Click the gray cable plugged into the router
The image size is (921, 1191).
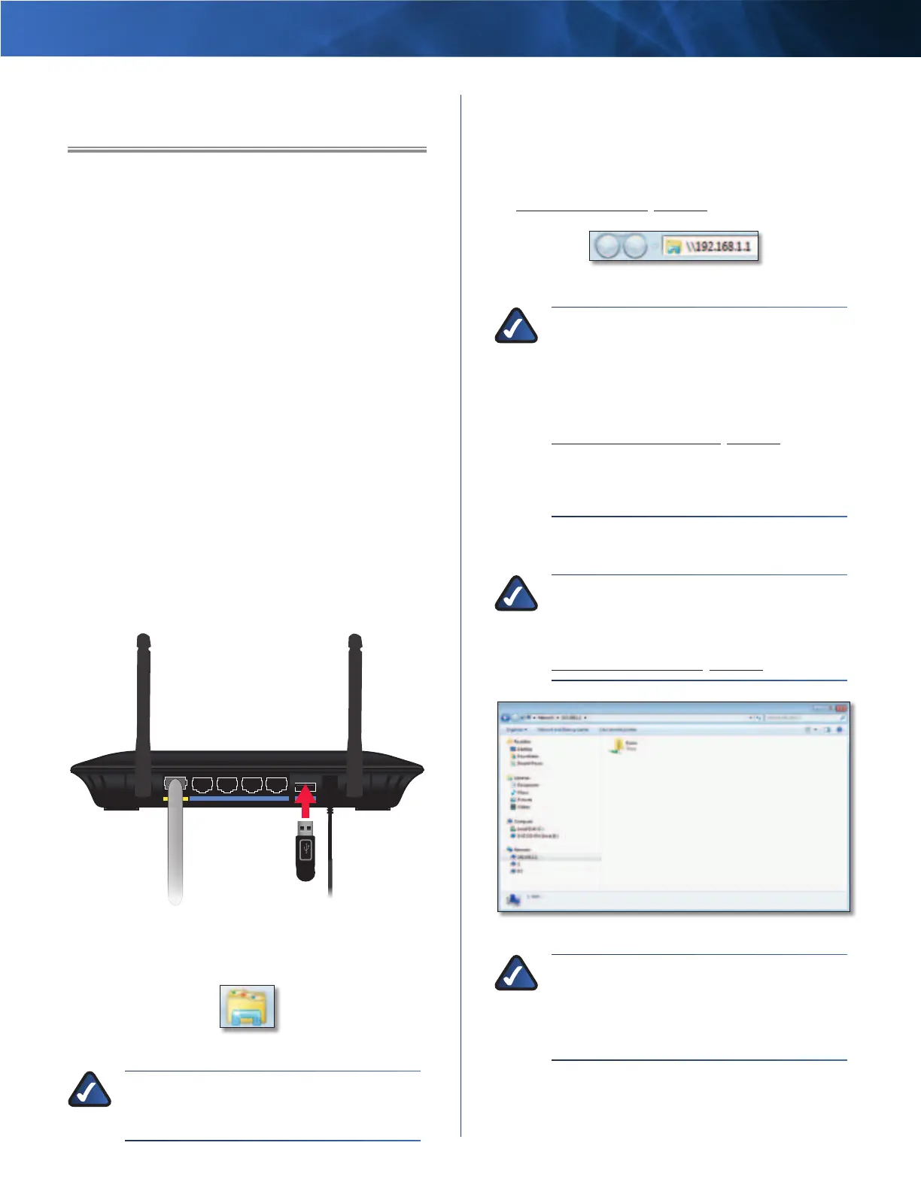click(x=175, y=850)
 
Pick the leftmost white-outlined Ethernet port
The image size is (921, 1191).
click(x=202, y=786)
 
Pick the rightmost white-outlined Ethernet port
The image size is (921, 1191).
click(x=276, y=786)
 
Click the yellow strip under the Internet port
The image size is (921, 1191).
click(x=175, y=799)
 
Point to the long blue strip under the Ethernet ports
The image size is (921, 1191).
click(x=239, y=799)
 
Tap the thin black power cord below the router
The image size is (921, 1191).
click(x=330, y=857)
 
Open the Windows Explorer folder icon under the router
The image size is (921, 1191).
click(x=248, y=1007)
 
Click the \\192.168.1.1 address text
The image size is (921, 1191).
click(x=718, y=247)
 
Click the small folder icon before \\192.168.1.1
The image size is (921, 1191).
click(x=673, y=247)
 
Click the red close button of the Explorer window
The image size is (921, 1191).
click(x=840, y=708)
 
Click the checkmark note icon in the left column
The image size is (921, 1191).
click(x=90, y=1090)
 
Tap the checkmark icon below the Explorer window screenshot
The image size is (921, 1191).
click(x=516, y=974)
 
